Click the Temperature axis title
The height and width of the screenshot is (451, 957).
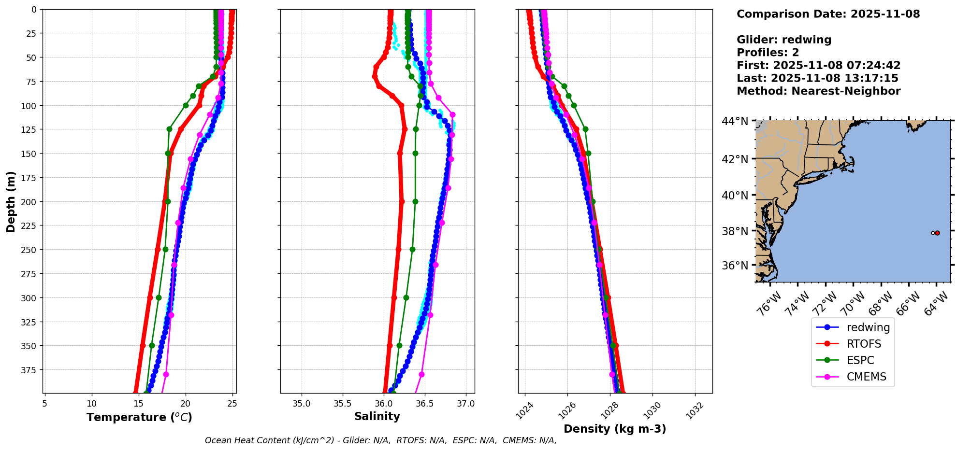tap(139, 417)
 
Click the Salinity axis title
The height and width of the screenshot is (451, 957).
tap(377, 416)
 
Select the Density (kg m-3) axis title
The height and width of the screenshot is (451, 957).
tap(615, 429)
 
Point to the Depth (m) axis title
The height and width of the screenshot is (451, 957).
tap(11, 201)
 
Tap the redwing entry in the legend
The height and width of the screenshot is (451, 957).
tap(868, 327)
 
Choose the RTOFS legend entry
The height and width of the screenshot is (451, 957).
tap(863, 344)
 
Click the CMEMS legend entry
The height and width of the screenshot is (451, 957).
tap(866, 377)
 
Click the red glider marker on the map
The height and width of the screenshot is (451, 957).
tap(937, 233)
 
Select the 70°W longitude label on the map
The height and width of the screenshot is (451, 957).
tap(853, 304)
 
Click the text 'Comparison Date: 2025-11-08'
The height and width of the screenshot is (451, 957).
tap(828, 14)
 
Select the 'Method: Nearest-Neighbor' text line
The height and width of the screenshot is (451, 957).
tap(818, 91)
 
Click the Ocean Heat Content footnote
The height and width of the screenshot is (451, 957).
tap(380, 440)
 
